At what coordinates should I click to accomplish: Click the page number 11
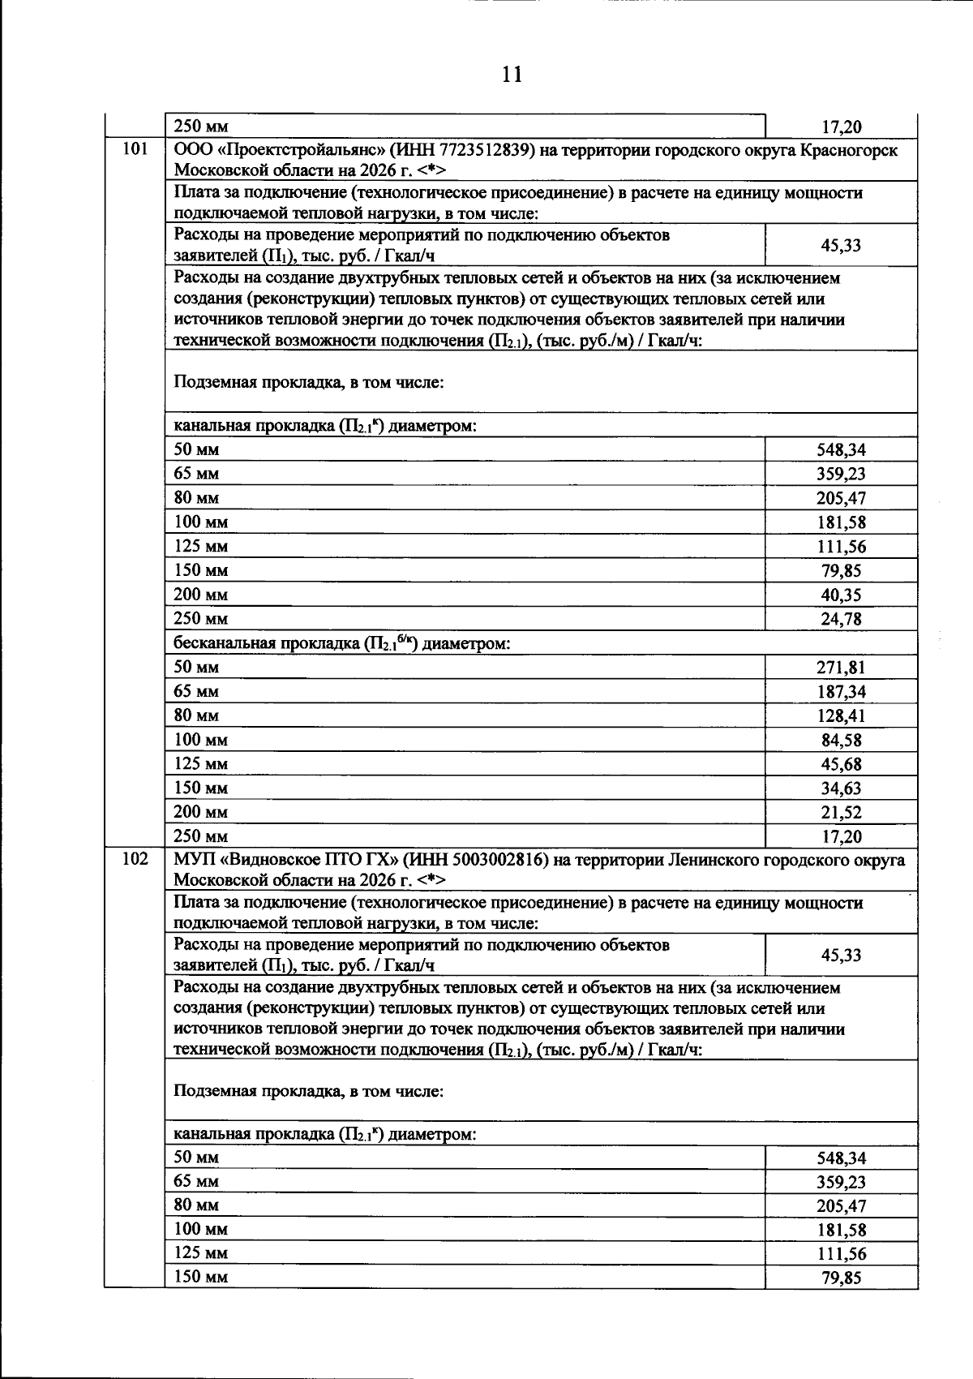pyautogui.click(x=512, y=75)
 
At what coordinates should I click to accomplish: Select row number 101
pyautogui.click(x=135, y=149)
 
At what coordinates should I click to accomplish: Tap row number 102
pyautogui.click(x=135, y=859)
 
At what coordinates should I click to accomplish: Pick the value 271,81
pyautogui.click(x=841, y=668)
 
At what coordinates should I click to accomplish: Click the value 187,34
pyautogui.click(x=841, y=692)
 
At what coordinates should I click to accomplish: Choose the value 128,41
pyautogui.click(x=841, y=716)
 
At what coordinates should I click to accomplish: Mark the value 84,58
pyautogui.click(x=841, y=740)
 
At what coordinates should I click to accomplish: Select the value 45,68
pyautogui.click(x=841, y=764)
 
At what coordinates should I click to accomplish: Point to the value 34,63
pyautogui.click(x=841, y=788)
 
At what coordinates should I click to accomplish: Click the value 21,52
pyautogui.click(x=841, y=812)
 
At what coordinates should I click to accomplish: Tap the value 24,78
pyautogui.click(x=841, y=619)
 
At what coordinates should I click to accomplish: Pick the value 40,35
pyautogui.click(x=841, y=595)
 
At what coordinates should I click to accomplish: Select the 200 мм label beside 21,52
pyautogui.click(x=200, y=812)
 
